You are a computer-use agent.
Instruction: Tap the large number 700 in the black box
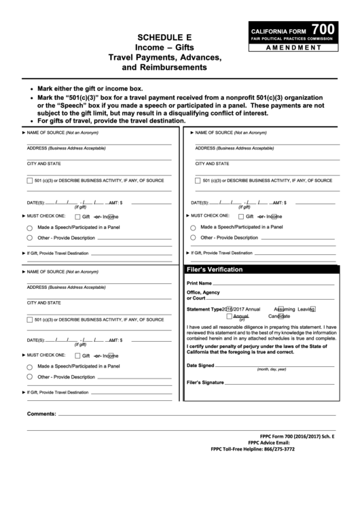coord(323,29)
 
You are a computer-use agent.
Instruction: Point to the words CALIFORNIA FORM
coord(278,32)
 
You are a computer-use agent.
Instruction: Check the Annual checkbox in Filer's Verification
coord(230,316)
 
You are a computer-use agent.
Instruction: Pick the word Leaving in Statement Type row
coord(302,309)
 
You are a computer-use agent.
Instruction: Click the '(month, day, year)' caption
coord(272,370)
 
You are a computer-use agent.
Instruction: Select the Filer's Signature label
coord(205,382)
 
